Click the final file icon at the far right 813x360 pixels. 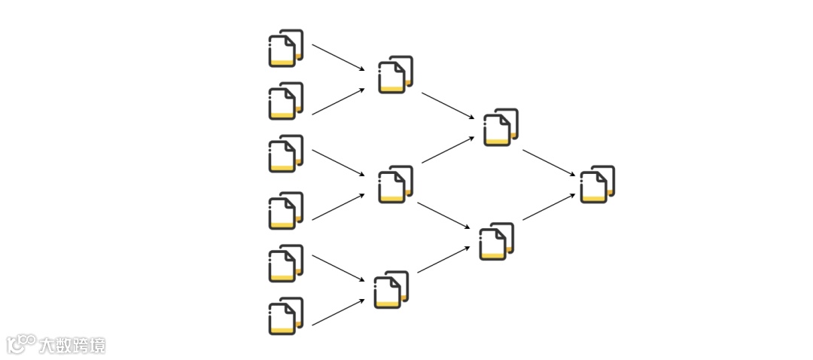tap(597, 185)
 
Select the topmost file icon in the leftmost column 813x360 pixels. tap(285, 48)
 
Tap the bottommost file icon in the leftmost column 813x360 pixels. tap(285, 316)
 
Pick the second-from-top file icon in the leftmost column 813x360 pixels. tap(285, 101)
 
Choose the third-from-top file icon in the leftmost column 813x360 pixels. tap(285, 154)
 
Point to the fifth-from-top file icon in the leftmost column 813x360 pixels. tap(285, 264)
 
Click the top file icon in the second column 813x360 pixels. tap(395, 75)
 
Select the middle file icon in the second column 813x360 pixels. tap(395, 185)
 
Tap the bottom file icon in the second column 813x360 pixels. tap(391, 290)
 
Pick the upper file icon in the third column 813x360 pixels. tap(501, 127)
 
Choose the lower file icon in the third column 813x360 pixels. tap(497, 241)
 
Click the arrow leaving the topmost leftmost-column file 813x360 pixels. tap(339, 57)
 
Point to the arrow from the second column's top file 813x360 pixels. tap(448, 106)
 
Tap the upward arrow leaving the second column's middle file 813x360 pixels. tap(448, 149)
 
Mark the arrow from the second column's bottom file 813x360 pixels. tap(444, 259)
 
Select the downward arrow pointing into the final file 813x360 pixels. tap(549, 163)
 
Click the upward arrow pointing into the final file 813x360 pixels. tap(549, 206)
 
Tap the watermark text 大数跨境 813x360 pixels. tap(74, 346)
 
